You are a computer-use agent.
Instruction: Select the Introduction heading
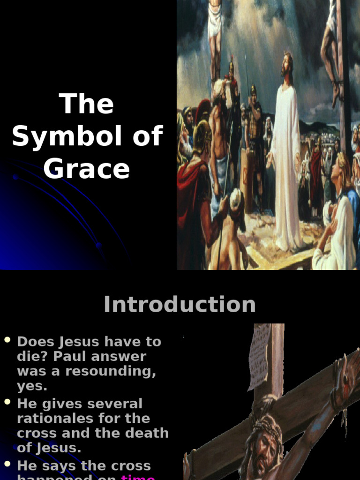point(180,305)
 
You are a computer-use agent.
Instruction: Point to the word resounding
point(110,371)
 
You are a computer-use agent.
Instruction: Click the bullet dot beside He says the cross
point(7,464)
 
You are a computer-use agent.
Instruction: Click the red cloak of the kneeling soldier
point(190,187)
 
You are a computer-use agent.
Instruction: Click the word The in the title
point(87,104)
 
